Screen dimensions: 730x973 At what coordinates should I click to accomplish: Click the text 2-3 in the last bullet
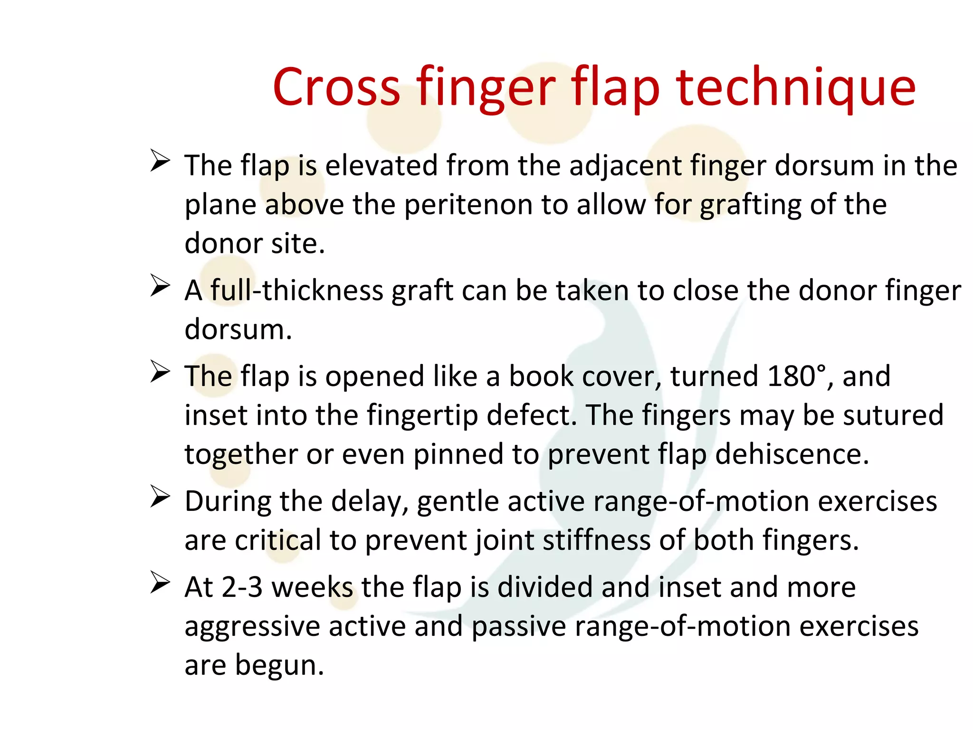coord(242,587)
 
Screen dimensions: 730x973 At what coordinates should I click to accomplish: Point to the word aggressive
coord(252,627)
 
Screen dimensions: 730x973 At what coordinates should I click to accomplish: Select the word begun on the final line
coord(279,665)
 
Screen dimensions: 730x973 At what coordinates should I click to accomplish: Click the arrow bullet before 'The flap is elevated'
coord(160,161)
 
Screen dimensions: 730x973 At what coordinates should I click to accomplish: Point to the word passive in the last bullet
coord(518,627)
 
